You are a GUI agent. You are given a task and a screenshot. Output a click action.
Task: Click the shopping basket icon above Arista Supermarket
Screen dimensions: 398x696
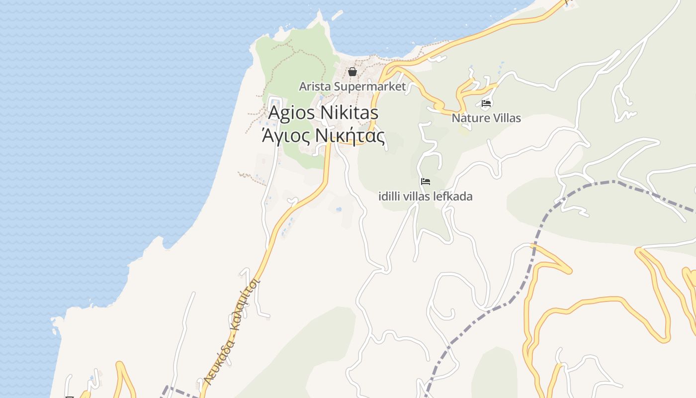click(x=352, y=72)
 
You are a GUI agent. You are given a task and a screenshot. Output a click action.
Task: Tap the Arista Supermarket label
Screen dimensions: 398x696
click(x=352, y=87)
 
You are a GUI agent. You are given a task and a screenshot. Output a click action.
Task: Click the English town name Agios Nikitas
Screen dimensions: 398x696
click(x=323, y=113)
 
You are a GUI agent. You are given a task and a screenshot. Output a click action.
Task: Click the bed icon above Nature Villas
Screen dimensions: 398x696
click(x=486, y=103)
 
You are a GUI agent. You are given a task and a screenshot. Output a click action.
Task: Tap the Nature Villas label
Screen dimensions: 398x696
click(x=486, y=118)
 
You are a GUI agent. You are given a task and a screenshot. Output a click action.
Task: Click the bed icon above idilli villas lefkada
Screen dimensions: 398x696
click(x=426, y=182)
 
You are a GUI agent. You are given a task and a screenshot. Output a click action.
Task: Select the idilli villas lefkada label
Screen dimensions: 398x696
click(x=426, y=197)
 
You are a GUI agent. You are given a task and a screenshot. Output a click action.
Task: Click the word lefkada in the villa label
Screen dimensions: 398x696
click(x=453, y=197)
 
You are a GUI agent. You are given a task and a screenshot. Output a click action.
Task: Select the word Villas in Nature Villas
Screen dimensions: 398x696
click(x=505, y=118)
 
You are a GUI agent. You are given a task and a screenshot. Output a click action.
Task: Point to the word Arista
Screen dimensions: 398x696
click(x=315, y=87)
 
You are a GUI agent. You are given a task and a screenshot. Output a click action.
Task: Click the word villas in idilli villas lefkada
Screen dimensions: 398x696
click(x=418, y=197)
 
